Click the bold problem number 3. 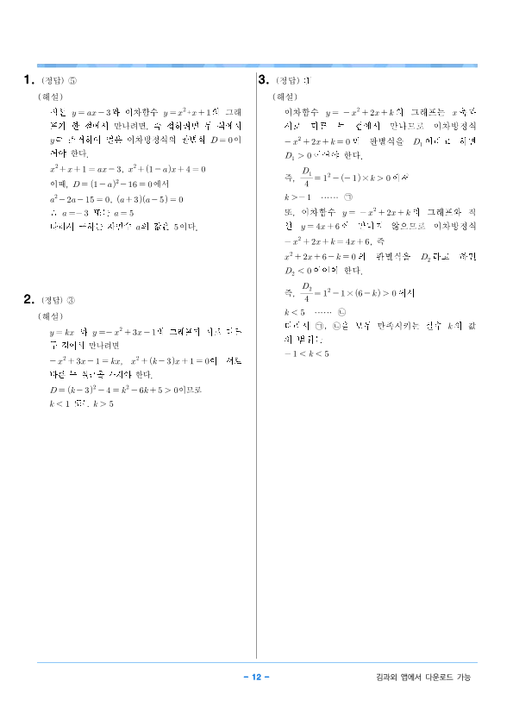click(x=264, y=81)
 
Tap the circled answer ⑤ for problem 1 click(x=72, y=82)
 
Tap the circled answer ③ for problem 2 click(x=72, y=301)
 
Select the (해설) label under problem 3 click(x=285, y=97)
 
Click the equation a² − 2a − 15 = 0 click(x=78, y=199)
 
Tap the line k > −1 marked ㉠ click(x=310, y=197)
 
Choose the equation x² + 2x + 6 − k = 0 click(x=320, y=257)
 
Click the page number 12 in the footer click(x=256, y=677)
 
